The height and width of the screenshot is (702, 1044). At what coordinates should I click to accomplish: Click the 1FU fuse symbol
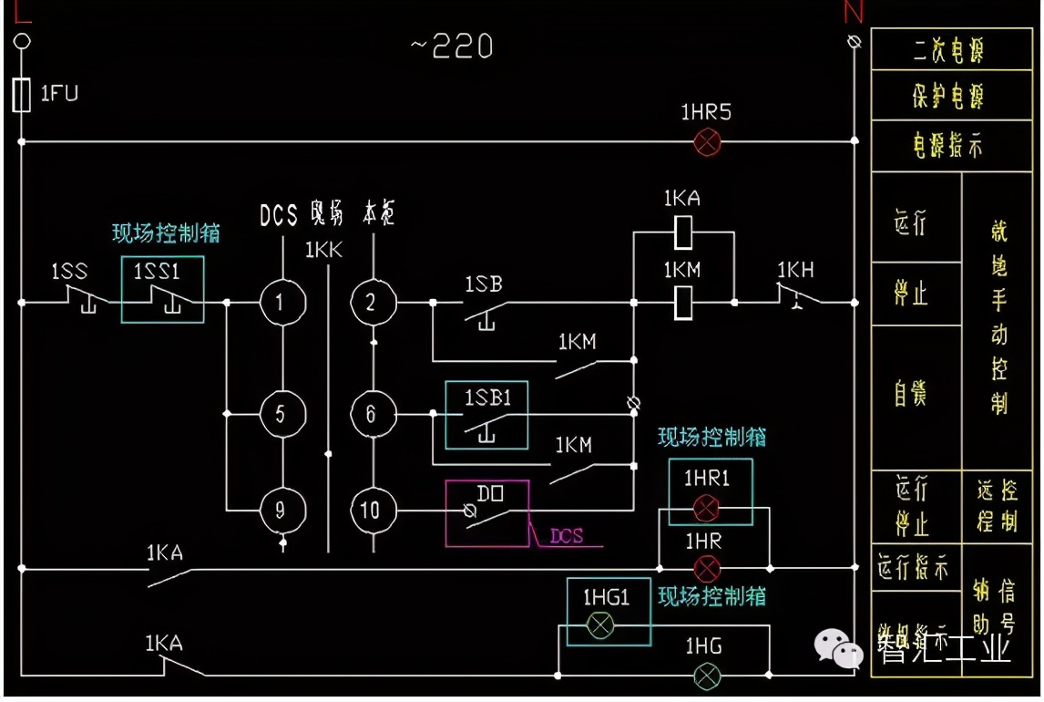point(23,95)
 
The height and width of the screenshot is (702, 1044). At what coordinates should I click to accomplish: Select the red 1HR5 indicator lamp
point(707,141)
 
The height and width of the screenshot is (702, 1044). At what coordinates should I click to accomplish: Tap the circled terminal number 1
point(278,302)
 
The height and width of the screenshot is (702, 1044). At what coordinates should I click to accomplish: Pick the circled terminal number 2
point(371,302)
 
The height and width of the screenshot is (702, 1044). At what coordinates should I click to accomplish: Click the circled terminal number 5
point(280,414)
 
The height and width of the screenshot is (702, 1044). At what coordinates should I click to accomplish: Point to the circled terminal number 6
point(371,414)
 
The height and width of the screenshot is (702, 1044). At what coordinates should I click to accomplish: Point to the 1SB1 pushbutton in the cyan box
point(486,415)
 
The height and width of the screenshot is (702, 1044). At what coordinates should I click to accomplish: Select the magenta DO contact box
point(486,513)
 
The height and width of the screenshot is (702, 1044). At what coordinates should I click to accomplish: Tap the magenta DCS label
point(567,537)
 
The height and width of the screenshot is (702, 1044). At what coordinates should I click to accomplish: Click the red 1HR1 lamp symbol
point(706,509)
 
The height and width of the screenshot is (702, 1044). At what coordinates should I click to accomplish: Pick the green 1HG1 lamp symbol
point(599,625)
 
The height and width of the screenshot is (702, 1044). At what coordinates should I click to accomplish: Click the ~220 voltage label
point(452,46)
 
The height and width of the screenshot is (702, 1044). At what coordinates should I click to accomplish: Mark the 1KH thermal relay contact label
point(795,271)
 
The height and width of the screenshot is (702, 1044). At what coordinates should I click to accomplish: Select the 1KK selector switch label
point(323,250)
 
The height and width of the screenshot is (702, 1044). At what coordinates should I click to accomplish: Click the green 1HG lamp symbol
point(706,676)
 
